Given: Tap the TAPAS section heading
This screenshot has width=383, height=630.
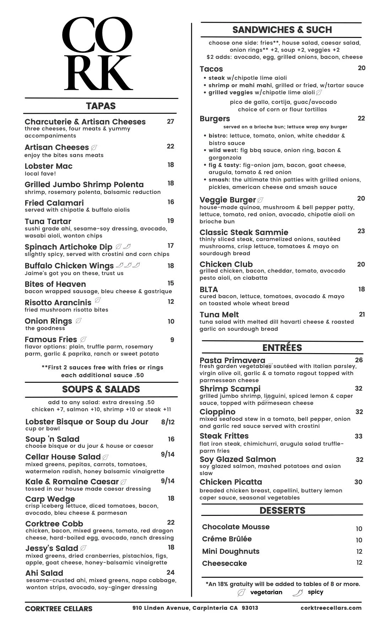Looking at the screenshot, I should click(101, 106).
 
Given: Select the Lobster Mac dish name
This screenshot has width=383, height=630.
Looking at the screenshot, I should click(49, 166).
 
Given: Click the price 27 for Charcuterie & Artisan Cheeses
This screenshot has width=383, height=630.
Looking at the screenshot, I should click(170, 122).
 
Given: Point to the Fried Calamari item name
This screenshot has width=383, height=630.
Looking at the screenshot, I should click(54, 203).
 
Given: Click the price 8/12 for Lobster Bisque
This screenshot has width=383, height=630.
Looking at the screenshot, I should click(168, 422).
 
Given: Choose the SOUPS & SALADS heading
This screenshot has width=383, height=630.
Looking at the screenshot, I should click(101, 389).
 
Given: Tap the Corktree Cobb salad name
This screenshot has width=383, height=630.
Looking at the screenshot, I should click(54, 524).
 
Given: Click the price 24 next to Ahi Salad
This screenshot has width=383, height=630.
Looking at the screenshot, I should click(170, 572).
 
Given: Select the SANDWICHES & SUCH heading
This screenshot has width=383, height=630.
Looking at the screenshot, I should click(282, 30).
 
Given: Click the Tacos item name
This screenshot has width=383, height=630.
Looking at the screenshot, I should click(211, 69).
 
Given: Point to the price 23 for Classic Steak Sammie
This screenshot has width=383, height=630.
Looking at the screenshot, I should click(361, 231).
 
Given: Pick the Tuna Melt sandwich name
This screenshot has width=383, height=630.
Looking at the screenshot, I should click(219, 315).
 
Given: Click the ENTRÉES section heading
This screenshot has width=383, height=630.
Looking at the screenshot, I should click(282, 348).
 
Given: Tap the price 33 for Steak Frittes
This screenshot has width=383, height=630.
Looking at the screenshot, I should click(359, 436).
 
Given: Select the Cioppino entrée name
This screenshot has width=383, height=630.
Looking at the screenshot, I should click(218, 412).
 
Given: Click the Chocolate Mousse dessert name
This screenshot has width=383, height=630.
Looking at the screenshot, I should click(236, 527).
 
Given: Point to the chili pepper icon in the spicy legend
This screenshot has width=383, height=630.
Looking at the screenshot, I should click(297, 592).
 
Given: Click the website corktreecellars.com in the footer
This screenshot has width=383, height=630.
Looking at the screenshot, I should click(331, 608).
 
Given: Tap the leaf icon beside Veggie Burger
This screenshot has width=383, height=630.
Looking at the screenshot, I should click(261, 200).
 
